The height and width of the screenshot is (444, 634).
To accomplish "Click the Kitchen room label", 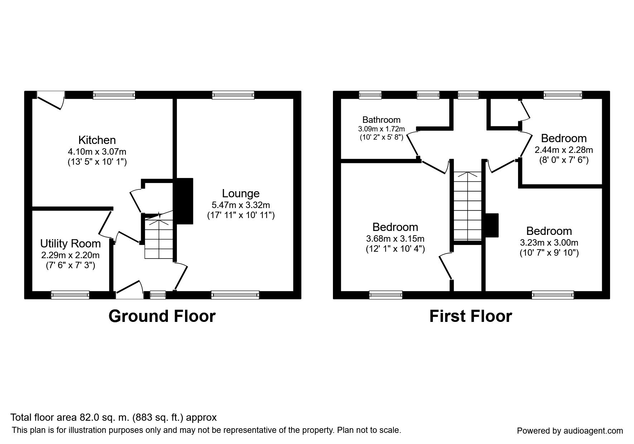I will [x=97, y=140].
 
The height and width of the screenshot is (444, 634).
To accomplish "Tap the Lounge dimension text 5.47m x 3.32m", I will [x=241, y=205].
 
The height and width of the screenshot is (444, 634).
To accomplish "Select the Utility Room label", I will [x=71, y=244].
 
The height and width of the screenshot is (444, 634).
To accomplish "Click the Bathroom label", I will [x=381, y=120].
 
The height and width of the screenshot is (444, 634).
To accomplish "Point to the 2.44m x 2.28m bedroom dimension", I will [x=563, y=150].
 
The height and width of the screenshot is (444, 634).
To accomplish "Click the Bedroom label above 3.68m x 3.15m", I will [x=395, y=227].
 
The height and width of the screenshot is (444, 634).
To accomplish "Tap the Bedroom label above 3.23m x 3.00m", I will [x=549, y=231].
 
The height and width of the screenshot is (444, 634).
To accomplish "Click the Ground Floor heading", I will [x=162, y=317].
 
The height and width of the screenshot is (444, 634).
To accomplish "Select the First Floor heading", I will [x=470, y=317].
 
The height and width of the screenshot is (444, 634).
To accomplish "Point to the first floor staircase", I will [x=468, y=206].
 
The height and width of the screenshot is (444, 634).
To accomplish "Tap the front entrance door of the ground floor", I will [x=129, y=290].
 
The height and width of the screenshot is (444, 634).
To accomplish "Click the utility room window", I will [x=70, y=295].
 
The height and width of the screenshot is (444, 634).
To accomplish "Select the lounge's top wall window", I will [x=233, y=95].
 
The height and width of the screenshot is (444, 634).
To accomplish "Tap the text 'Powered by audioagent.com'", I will [x=570, y=431].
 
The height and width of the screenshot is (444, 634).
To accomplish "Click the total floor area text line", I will [x=113, y=418].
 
